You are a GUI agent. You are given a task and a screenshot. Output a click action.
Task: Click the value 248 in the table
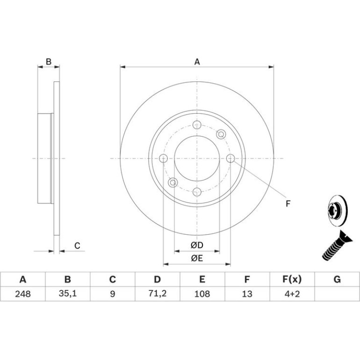click(23, 294)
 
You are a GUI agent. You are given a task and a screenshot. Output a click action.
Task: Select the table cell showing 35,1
click(67, 294)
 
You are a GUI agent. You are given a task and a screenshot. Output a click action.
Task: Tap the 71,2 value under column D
click(157, 294)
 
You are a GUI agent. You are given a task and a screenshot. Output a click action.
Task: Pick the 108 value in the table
click(202, 294)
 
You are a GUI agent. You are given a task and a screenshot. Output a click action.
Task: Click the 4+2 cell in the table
click(292, 294)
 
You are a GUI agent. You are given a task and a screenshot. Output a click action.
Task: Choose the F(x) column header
click(292, 280)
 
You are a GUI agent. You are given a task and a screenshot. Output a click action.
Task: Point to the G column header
click(337, 280)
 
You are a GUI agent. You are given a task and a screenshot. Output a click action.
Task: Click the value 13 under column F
click(247, 294)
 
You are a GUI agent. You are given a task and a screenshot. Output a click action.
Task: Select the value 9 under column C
click(113, 294)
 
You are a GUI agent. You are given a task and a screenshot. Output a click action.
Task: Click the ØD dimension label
click(197, 245)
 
